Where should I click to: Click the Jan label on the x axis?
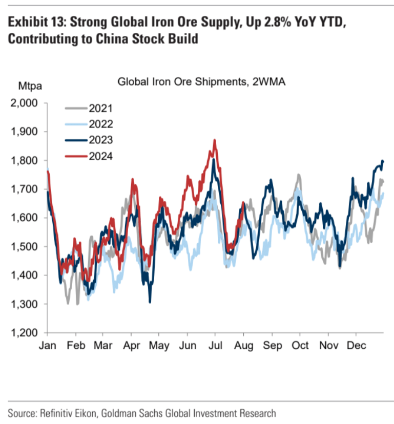point(48,346)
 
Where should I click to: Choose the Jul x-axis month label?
point(216,346)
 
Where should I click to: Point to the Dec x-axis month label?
point(356,346)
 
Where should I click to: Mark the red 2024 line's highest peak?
point(215,140)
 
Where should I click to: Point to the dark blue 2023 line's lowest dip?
point(150,302)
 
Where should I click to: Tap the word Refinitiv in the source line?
point(55,413)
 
